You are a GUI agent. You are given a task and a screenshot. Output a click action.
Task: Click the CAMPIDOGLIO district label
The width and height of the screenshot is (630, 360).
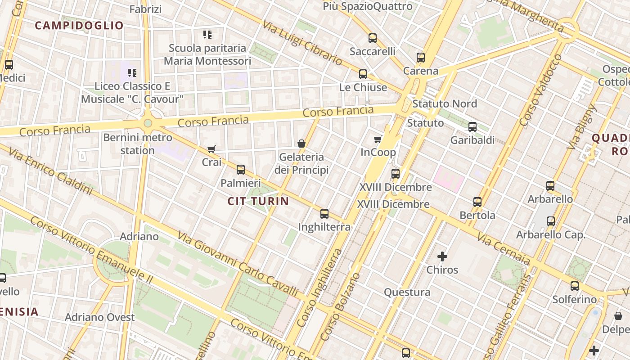79,26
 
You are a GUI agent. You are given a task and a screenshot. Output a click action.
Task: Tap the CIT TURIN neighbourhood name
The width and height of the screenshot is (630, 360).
258,201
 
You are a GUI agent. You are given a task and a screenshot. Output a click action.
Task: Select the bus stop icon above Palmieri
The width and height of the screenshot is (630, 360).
241,170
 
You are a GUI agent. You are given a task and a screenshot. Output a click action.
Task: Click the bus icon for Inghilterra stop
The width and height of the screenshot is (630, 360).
324,214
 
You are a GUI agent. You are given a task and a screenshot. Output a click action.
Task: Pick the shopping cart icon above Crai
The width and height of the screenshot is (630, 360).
211,149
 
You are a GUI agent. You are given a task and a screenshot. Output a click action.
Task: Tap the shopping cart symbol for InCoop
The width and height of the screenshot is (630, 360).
378,139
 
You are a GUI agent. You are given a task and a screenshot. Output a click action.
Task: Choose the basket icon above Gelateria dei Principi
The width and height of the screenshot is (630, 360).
301,144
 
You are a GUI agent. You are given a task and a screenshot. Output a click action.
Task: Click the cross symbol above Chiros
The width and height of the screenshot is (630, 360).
442,257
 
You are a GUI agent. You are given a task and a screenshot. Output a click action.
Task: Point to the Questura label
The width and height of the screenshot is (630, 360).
407,292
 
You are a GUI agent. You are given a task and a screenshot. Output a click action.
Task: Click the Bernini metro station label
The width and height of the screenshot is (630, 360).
138,144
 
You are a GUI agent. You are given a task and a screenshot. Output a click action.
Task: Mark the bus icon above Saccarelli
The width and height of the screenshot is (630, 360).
373,38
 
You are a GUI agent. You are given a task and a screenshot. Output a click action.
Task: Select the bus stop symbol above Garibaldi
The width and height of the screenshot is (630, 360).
472,127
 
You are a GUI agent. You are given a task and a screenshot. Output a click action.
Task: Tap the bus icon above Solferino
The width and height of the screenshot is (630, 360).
575,286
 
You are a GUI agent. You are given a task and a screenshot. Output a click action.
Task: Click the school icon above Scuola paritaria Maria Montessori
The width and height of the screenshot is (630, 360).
207,34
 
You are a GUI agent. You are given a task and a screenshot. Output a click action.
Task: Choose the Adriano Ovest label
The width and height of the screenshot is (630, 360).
100,317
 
